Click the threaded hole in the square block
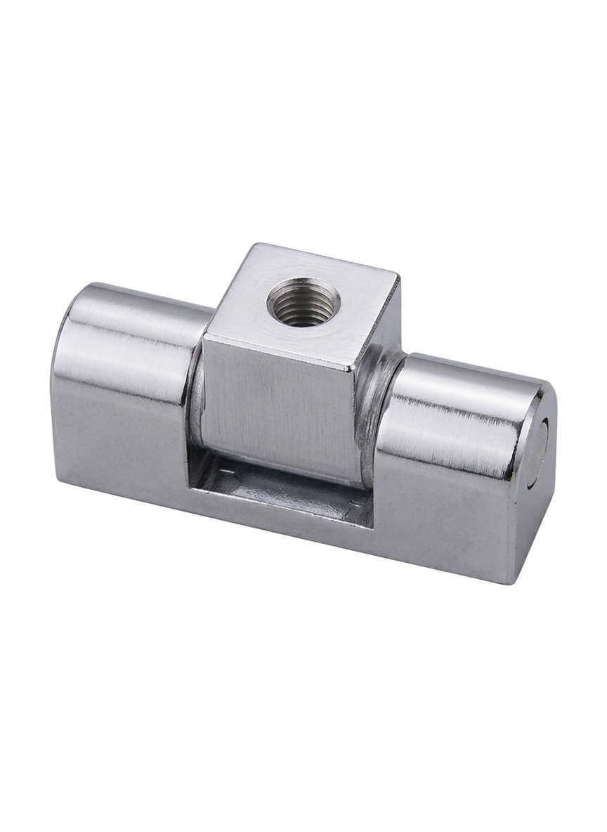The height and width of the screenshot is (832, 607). tap(303, 302)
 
